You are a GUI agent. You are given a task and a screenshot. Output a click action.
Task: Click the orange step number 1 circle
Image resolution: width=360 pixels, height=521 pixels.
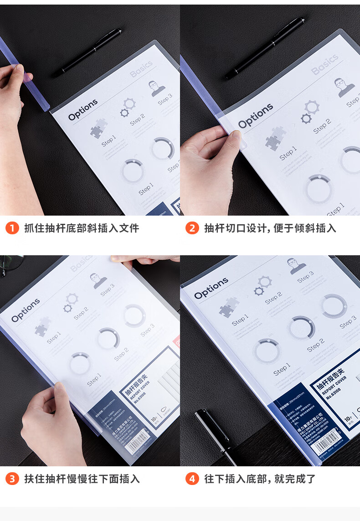(12, 228)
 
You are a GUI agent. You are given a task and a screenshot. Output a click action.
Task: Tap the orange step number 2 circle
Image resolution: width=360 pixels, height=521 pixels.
(192, 228)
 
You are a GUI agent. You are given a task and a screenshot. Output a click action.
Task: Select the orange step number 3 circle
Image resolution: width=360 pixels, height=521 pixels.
(12, 479)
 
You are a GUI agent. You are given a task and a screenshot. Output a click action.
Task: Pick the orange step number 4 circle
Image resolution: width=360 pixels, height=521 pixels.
(192, 479)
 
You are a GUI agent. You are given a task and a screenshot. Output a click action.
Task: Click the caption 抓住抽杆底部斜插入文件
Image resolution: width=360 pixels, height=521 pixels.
(82, 228)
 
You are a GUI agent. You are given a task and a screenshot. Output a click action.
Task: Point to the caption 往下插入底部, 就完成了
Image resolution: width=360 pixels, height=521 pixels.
(260, 479)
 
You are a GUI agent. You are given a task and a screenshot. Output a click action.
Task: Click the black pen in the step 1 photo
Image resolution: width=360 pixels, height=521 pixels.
(89, 52)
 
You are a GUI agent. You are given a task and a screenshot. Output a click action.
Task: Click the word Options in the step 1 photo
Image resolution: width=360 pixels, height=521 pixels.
(83, 110)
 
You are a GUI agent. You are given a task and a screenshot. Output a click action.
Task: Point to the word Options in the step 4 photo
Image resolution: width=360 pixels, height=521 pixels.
(211, 288)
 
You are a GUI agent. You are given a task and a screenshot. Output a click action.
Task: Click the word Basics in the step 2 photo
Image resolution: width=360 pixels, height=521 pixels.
(325, 64)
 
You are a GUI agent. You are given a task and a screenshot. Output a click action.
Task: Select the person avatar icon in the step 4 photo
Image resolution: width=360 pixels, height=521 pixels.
(297, 266)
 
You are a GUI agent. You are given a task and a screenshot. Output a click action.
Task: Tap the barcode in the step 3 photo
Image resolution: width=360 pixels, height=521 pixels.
(137, 444)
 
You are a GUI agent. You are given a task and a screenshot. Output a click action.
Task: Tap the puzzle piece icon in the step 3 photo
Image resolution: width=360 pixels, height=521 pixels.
(43, 324)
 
